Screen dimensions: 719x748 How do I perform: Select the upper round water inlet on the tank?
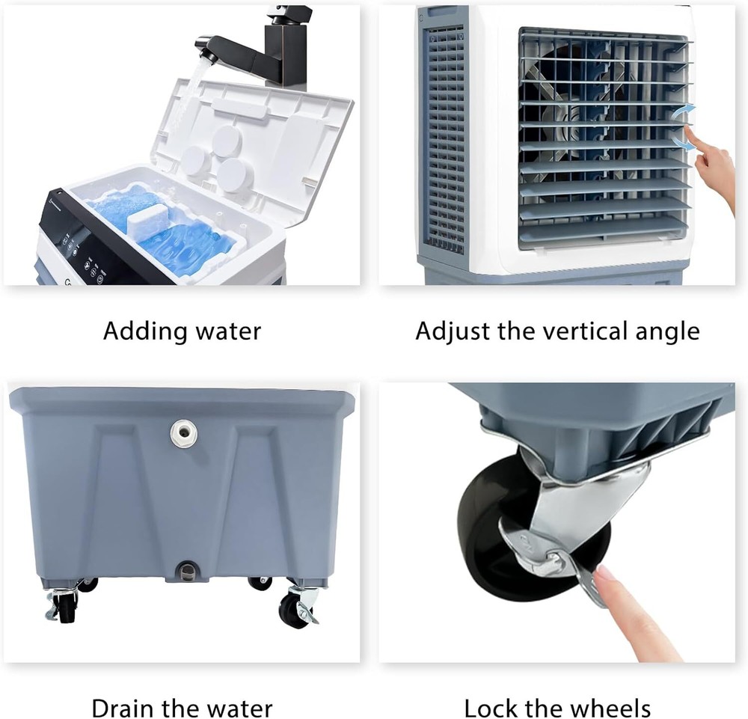[183, 432]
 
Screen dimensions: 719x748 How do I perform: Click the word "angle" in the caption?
[665, 331]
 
